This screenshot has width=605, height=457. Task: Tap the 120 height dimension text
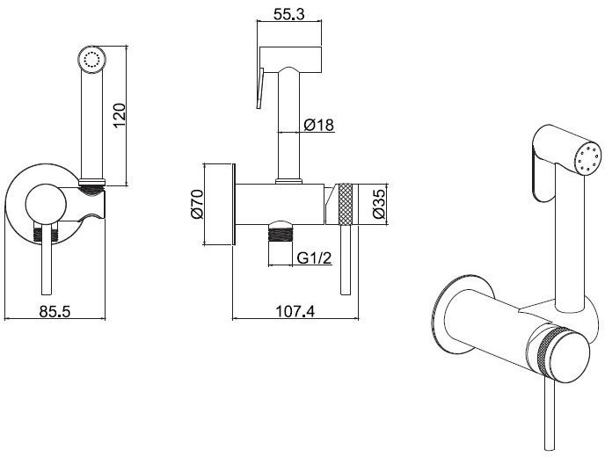pyautogui.click(x=122, y=114)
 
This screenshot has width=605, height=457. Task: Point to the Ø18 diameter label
pyautogui.click(x=317, y=126)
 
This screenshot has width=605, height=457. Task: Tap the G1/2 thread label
pyautogui.click(x=312, y=258)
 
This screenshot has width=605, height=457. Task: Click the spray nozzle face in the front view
pyautogui.click(x=91, y=60)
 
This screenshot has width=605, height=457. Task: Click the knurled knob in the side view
pyautogui.click(x=346, y=203)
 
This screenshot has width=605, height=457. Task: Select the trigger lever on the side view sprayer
pyautogui.click(x=259, y=88)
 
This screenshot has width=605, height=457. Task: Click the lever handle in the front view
pyautogui.click(x=43, y=264)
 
